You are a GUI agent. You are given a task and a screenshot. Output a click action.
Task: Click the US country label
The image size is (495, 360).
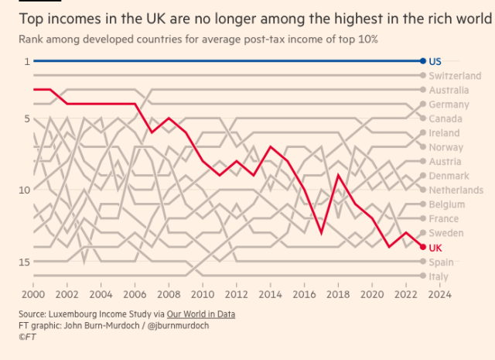coord(435,61)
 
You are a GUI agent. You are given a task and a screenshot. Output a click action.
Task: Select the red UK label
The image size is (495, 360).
coord(435,248)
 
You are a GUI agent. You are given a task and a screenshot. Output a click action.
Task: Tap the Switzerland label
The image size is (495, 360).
coord(455,76)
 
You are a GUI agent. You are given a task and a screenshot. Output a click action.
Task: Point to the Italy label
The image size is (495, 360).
coord(438,276)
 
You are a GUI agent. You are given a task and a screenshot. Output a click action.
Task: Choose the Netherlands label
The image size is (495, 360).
coord(456,190)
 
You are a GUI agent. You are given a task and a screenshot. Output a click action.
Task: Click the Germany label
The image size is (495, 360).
coord(449,105)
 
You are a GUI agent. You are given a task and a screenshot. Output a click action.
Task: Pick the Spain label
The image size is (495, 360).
coord(441,262)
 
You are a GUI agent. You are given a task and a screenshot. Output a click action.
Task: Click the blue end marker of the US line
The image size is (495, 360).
coord(422,60)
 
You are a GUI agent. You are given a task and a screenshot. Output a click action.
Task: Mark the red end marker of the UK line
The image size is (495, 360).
coord(422,247)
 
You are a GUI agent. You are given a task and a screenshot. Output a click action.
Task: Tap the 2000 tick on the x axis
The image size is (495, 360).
coord(34,294)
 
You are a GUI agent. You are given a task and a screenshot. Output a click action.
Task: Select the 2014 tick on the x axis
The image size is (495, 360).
coord(270,294)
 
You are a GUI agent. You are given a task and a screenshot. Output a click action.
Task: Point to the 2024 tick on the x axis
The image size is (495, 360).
coord(439,294)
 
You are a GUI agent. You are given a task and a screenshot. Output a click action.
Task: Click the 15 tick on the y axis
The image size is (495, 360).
coord(23,262)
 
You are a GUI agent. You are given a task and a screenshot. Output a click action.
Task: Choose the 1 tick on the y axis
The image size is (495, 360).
coord(26,60)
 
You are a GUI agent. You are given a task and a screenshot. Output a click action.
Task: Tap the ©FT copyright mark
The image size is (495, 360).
coord(27,337)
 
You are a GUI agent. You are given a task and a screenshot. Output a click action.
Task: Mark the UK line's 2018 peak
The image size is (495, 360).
coord(337,175)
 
